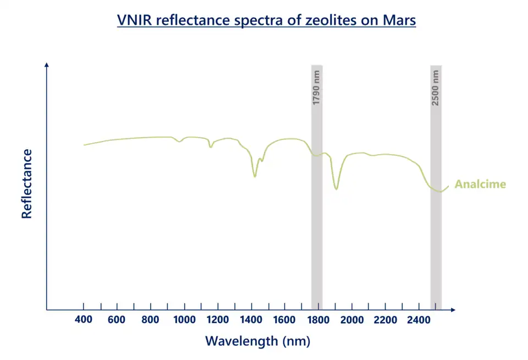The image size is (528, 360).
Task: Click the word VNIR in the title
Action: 135,21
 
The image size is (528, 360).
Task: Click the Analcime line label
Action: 480,184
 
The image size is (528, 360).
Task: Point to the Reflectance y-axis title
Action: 26,183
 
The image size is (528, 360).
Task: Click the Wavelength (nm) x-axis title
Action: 257,341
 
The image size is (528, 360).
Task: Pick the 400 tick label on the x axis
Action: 83,320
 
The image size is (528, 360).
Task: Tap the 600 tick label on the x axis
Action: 117,320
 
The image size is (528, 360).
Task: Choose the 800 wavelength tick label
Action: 150,320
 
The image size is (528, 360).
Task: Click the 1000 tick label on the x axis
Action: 184,320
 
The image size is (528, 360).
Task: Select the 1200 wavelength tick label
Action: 217,320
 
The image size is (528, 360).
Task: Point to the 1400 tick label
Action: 251,320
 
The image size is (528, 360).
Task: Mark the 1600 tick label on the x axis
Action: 284,320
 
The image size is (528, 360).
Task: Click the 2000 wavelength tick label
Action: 351,320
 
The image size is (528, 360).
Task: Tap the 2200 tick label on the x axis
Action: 385,320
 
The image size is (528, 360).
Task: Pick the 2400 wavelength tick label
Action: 419,320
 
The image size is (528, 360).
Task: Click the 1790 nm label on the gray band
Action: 316,88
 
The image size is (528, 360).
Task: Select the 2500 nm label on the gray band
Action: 436,88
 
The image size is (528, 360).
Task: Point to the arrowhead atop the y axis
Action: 47,64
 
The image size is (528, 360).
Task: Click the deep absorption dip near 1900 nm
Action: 336,189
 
